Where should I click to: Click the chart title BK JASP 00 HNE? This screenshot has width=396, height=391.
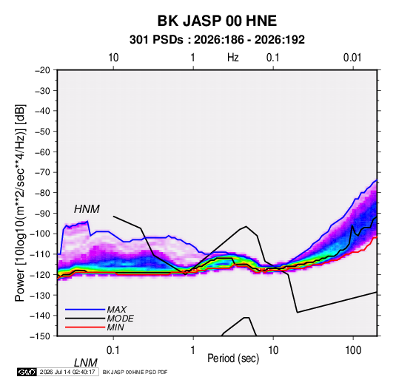[x=217, y=21]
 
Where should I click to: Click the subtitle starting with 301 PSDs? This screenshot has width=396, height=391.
[x=217, y=40]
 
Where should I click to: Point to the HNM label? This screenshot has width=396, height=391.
[x=87, y=209]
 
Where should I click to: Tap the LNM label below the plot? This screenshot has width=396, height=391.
[x=85, y=363]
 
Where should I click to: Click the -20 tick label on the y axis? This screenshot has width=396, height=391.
[x=42, y=70]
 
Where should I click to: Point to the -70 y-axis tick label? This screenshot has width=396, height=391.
[x=42, y=172]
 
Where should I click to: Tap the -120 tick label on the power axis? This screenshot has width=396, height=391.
[x=41, y=275]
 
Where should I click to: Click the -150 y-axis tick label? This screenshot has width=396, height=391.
[x=41, y=336]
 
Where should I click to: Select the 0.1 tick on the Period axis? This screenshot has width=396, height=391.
[x=113, y=350]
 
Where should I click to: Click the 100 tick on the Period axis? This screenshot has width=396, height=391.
[x=353, y=350]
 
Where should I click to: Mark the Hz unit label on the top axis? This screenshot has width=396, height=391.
[x=233, y=58]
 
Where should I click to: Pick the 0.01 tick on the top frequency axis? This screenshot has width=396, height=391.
[x=352, y=58]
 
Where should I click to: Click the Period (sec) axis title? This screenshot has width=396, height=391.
[x=233, y=358]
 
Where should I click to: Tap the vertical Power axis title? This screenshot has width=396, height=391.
[x=20, y=203]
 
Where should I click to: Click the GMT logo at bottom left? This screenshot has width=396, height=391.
[x=27, y=372]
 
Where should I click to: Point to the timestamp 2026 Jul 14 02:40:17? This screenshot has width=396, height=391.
[x=67, y=372]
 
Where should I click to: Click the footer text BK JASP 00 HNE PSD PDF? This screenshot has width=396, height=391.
[x=135, y=372]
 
